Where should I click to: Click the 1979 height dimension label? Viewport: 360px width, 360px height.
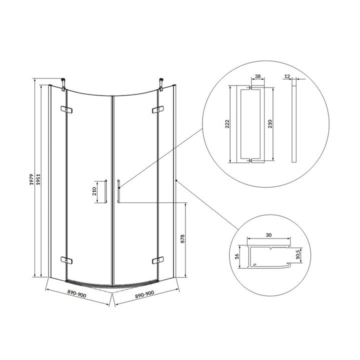[31, 179]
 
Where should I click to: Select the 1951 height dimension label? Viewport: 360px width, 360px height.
[38, 179]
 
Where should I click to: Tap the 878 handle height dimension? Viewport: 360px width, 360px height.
[182, 239]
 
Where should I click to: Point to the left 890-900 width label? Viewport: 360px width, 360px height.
[76, 293]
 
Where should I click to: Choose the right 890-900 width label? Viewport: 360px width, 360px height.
[144, 294]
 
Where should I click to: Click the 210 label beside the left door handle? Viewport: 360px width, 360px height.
[94, 191]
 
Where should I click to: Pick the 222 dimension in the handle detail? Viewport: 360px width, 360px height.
[227, 124]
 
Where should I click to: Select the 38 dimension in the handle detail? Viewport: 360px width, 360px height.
[258, 76]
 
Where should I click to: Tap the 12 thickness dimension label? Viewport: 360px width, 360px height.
[287, 76]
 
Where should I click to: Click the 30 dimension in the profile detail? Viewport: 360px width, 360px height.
[268, 235]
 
